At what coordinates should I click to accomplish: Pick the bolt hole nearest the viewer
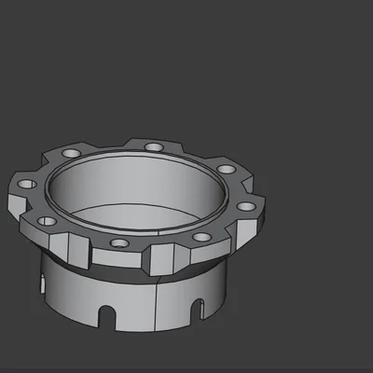click(x=117, y=243)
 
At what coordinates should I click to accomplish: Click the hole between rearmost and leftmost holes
click(x=71, y=153)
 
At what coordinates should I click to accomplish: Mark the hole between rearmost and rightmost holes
click(x=226, y=170)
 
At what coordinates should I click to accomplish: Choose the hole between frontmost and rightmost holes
click(x=200, y=237)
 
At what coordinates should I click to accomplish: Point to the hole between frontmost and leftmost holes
click(x=47, y=220)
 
